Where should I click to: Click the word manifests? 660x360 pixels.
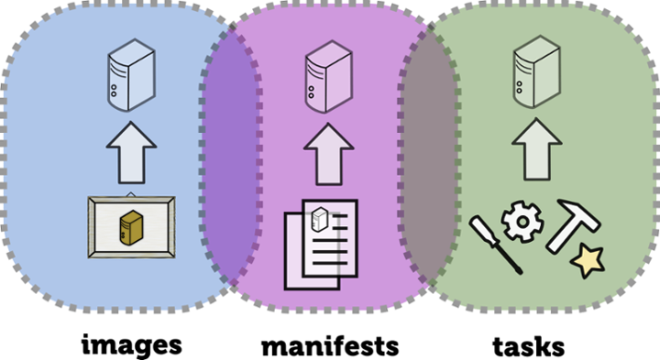pos(330,346)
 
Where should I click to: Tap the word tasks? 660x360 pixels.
pos(529,346)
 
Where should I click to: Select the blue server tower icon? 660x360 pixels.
pos(131,75)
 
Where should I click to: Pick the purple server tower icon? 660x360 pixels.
pos(329,77)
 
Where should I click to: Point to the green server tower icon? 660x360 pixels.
pos(536,71)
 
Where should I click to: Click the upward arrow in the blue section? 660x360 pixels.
pos(131,153)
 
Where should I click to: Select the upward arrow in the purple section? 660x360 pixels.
pos(329,154)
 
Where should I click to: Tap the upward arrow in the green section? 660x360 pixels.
pos(536,149)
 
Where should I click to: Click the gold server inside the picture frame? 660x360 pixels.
pos(131,227)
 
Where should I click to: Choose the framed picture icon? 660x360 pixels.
pos(131,226)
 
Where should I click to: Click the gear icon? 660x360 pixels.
pos(522,222)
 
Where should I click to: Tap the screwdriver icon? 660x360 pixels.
pos(495,244)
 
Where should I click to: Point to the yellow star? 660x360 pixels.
pos(588,260)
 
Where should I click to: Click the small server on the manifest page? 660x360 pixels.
pos(319,220)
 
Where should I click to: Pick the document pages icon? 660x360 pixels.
pos(321,245)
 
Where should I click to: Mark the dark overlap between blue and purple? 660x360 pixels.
pos(231,156)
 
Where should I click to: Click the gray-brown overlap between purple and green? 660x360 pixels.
pos(428,156)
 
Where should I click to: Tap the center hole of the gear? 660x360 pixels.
pos(522,222)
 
